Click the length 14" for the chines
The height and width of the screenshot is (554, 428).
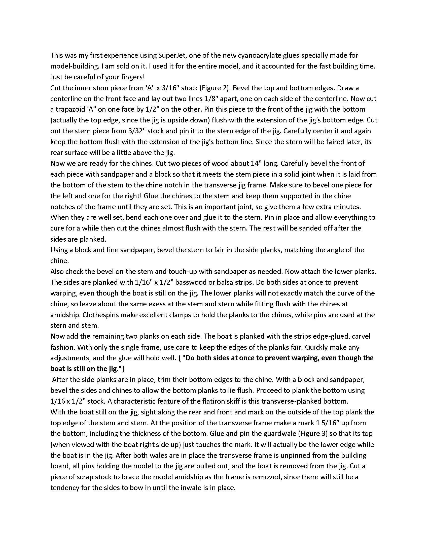pyautogui.click(x=256, y=163)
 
